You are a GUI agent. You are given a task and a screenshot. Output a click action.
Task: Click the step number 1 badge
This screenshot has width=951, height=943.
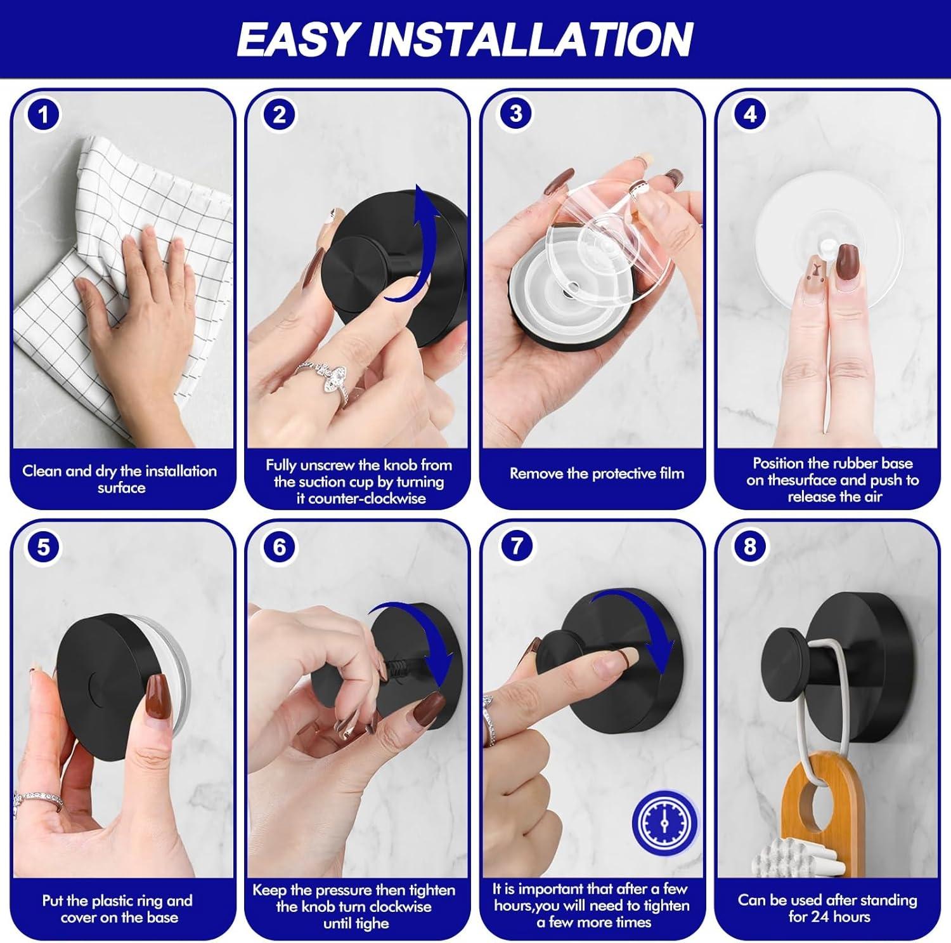43,115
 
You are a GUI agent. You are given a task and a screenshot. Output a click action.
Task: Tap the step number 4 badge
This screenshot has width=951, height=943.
750,114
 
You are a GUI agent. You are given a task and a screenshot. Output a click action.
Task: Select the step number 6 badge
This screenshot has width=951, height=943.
279,547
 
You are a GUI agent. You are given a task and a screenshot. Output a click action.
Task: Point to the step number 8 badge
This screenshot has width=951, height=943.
750,546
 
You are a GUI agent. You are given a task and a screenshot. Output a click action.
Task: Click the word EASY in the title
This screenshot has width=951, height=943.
299,39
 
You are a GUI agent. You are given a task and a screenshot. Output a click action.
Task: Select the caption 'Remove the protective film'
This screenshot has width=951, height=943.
597,473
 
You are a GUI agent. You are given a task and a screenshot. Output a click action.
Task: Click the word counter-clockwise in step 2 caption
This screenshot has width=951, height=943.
360,499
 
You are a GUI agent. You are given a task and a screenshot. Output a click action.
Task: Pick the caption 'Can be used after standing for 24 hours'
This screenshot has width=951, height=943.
828,908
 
